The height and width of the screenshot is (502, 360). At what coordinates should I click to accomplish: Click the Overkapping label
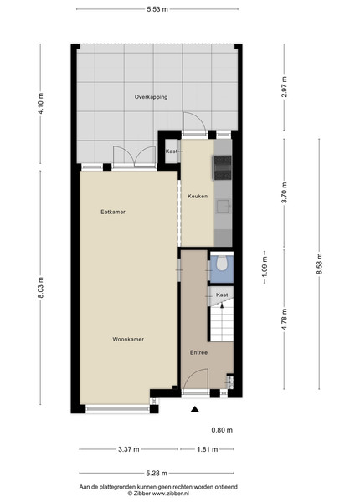tap(151, 97)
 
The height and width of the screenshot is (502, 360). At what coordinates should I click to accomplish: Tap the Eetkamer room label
tap(113, 212)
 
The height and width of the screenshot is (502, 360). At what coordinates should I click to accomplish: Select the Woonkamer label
tap(128, 339)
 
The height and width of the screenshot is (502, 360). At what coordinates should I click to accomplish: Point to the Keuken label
tap(198, 196)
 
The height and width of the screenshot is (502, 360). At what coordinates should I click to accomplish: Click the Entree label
tap(199, 352)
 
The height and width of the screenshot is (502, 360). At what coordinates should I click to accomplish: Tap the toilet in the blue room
tap(221, 264)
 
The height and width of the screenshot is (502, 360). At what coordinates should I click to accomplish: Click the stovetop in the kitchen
tap(223, 167)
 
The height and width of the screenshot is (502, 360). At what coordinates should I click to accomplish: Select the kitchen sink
tap(223, 206)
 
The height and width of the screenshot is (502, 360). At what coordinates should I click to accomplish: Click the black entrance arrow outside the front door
tap(195, 409)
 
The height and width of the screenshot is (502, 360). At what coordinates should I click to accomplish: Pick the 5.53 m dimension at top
tap(157, 9)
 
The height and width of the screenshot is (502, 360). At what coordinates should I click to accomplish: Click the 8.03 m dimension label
tap(40, 288)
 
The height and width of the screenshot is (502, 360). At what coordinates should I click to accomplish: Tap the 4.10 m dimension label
tap(40, 103)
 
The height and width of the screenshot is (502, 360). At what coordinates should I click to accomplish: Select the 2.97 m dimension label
tap(285, 86)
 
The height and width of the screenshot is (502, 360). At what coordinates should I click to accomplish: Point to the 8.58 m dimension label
tap(319, 264)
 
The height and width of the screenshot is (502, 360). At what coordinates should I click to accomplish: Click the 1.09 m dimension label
tap(265, 268)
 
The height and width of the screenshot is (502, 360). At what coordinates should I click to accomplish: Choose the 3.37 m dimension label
tap(129, 449)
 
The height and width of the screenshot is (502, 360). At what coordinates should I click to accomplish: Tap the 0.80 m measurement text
tap(222, 430)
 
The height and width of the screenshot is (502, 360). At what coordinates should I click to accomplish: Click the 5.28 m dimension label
tap(157, 473)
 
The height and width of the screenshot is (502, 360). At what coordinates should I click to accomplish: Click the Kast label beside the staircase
tap(222, 295)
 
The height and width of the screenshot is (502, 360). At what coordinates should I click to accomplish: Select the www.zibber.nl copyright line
tap(158, 494)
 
